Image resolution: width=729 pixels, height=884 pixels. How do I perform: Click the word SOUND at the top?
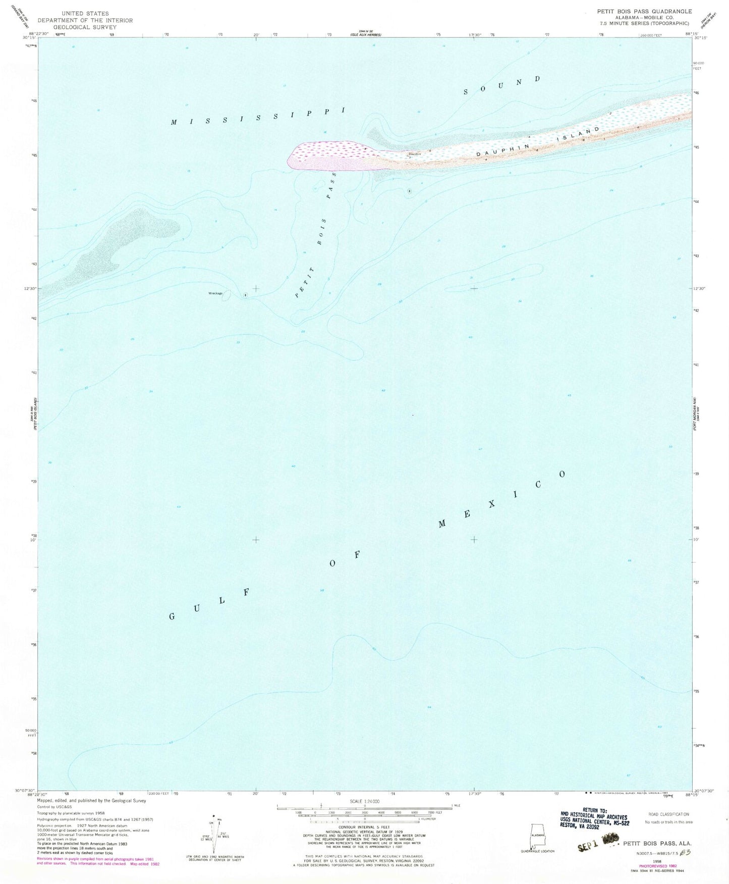502,85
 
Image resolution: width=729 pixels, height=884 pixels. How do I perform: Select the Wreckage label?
215,293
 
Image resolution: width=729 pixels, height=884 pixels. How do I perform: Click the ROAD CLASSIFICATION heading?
668,814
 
